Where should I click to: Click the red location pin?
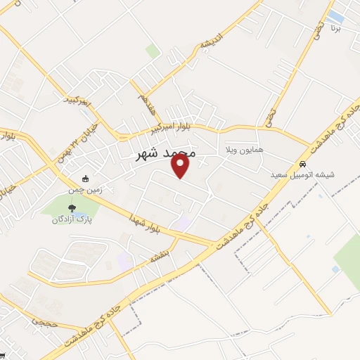tap(181, 165)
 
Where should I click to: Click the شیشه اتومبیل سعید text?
tap(304, 174)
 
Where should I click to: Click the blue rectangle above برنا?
tap(336, 15)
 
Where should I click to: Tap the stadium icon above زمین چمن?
tap(86, 179)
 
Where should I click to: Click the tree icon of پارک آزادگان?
tap(72, 208)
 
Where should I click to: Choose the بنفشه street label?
tap(160, 257)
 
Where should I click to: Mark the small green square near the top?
tap(153, 51)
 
